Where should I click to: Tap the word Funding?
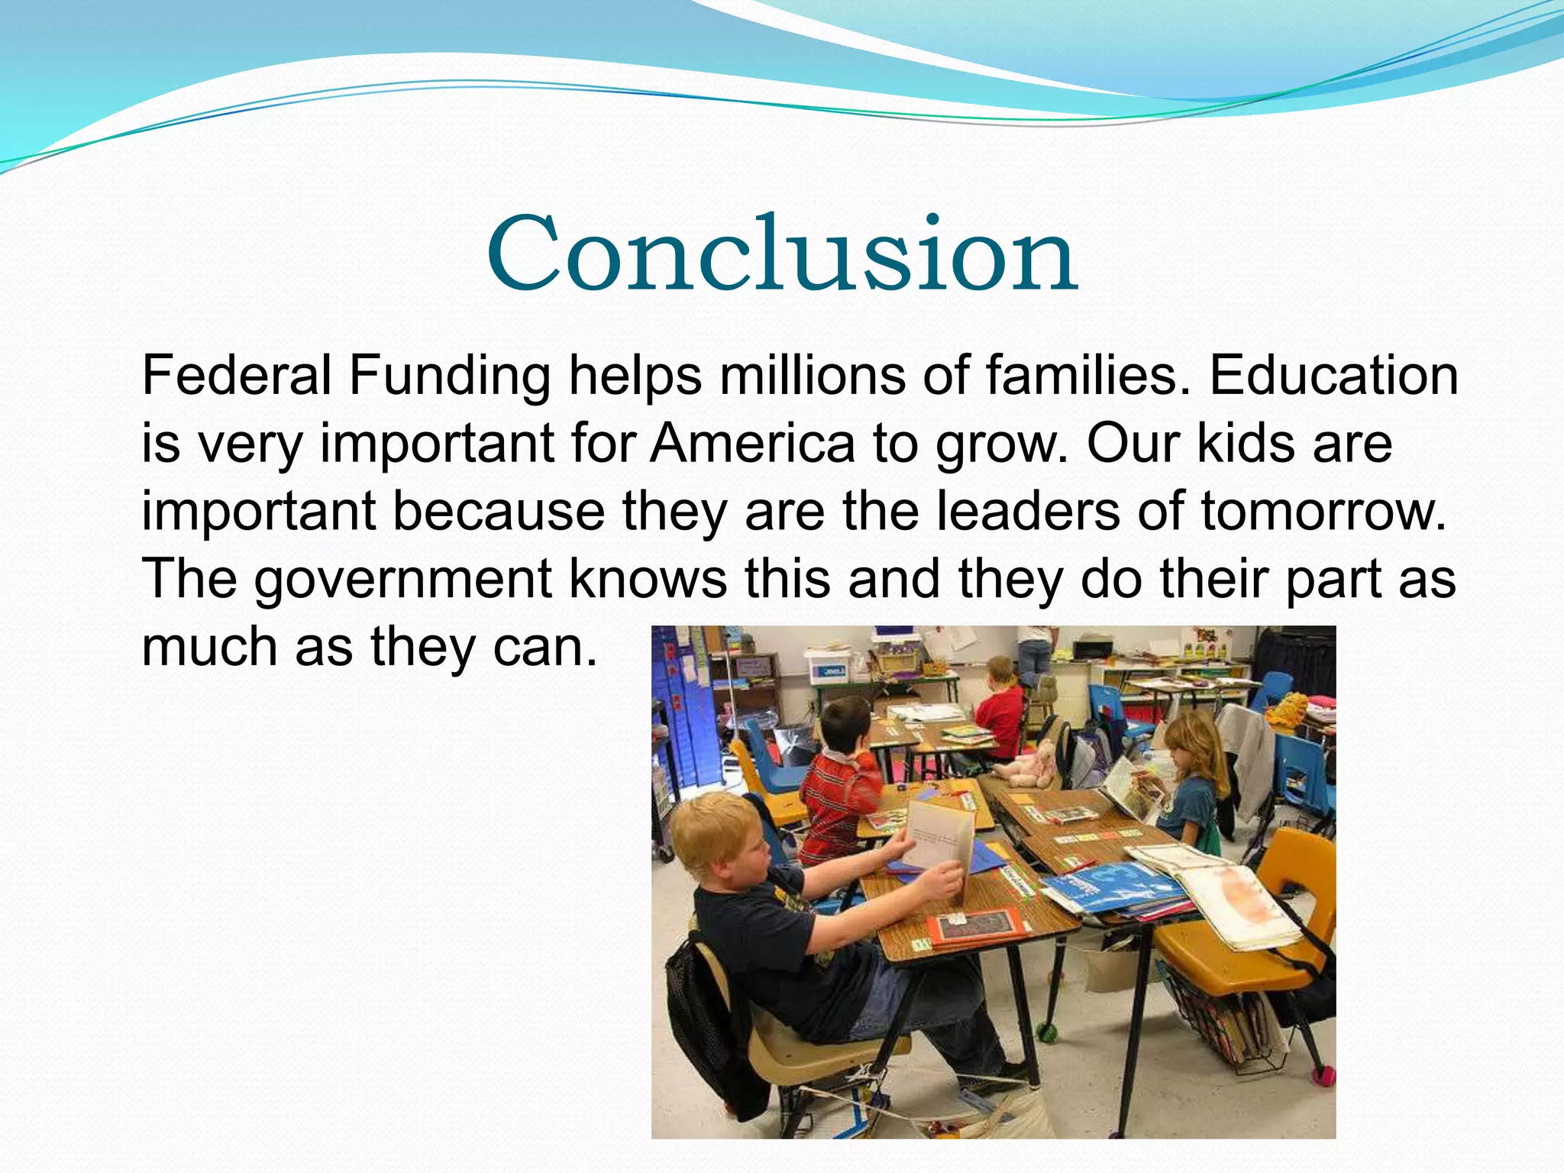click(450, 377)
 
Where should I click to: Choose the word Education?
click(1333, 376)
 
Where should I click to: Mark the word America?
click(752, 443)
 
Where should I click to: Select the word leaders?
click(1027, 510)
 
